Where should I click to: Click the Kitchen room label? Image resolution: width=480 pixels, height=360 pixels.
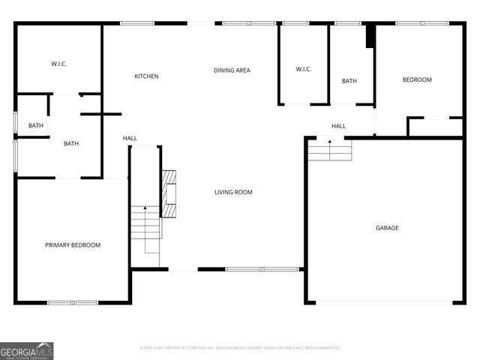146,76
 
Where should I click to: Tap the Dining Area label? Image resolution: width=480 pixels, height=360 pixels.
232,70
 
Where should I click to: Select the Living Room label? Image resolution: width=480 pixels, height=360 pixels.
233,193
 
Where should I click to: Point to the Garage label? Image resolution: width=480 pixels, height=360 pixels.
387,228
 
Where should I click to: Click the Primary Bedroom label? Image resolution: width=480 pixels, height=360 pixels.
73,245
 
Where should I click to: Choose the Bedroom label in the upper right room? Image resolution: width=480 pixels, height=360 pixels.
417,80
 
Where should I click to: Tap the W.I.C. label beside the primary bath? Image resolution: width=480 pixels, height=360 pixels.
59,64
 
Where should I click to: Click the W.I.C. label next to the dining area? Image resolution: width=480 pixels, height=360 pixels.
304,70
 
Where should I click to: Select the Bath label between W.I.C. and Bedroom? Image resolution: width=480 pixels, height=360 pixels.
349,81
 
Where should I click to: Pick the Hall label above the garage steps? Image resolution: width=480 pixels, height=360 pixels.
338,126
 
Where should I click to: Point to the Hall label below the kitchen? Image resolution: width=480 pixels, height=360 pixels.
130,138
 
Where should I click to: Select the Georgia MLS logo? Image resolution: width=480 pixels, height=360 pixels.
27,350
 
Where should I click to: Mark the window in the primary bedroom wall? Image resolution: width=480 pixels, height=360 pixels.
73,302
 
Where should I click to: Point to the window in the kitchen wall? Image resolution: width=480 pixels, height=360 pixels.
137,23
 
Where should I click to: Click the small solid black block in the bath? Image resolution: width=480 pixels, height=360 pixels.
370,37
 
